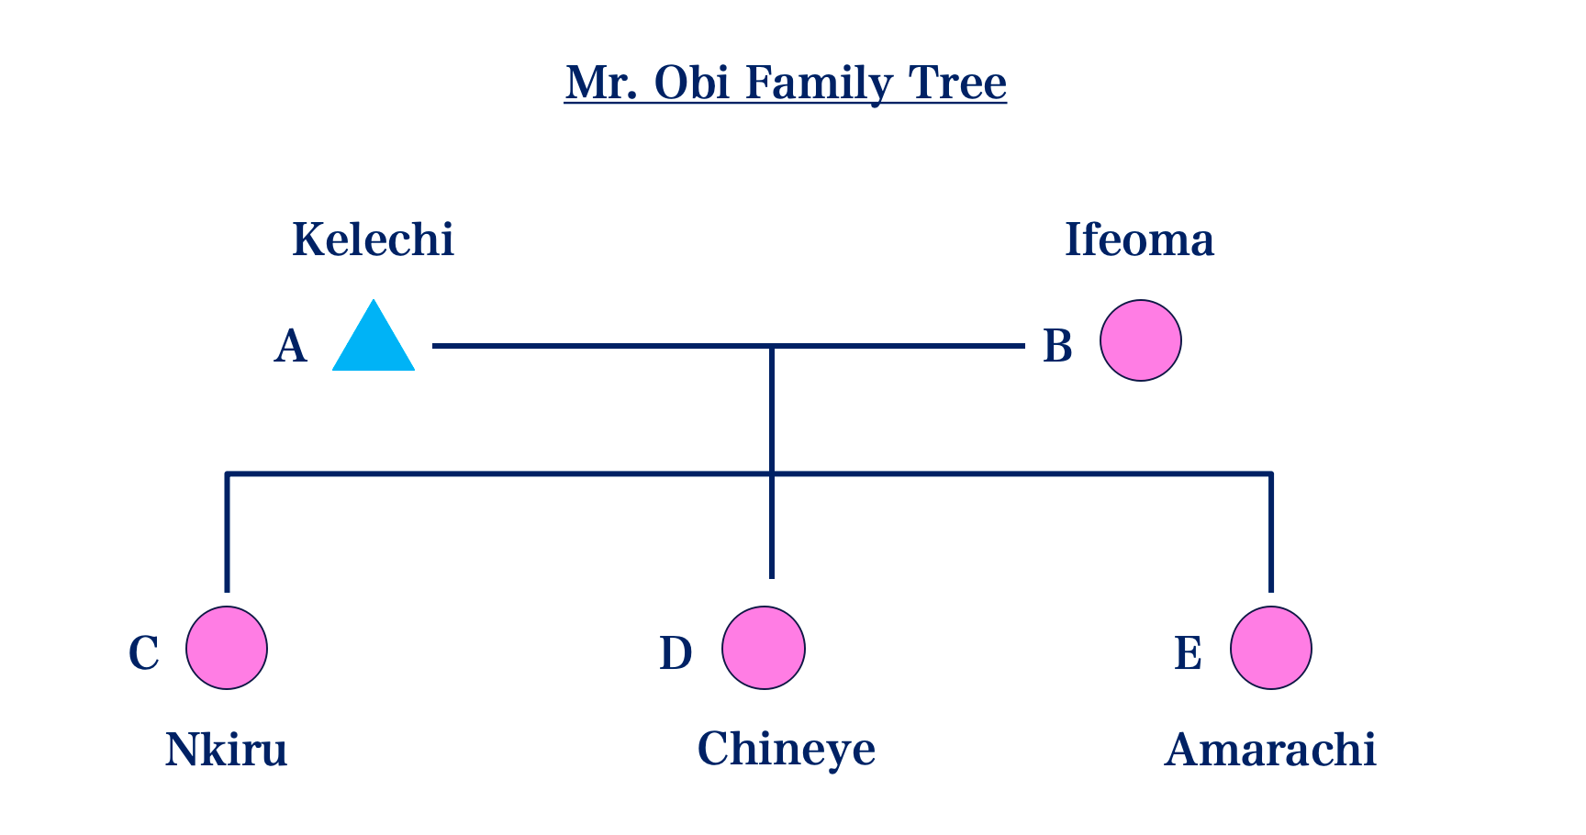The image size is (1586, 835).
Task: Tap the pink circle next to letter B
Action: click(x=1141, y=340)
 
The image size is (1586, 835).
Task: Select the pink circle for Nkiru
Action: click(x=227, y=648)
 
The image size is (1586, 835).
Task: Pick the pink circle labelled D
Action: click(x=764, y=648)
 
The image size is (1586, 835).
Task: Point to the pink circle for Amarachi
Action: click(x=1271, y=648)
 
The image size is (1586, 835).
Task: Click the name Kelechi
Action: click(x=374, y=239)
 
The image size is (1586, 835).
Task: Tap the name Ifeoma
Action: click(x=1140, y=239)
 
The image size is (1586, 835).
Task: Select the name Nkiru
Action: click(x=227, y=750)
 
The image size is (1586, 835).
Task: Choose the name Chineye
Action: click(x=787, y=751)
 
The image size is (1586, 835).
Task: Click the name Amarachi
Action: click(x=1271, y=750)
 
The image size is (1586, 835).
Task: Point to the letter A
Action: click(x=291, y=347)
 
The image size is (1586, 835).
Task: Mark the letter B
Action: click(x=1058, y=347)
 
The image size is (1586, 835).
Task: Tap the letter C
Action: click(x=144, y=653)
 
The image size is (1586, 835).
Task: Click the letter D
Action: click(x=676, y=653)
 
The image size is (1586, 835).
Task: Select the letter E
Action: click(x=1189, y=653)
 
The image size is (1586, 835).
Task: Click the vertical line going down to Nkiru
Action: click(x=227, y=532)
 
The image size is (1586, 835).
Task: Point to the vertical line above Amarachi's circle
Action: click(x=1271, y=532)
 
